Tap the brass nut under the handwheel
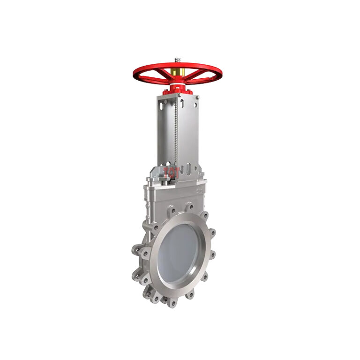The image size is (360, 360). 177,72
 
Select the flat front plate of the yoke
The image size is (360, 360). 187,136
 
